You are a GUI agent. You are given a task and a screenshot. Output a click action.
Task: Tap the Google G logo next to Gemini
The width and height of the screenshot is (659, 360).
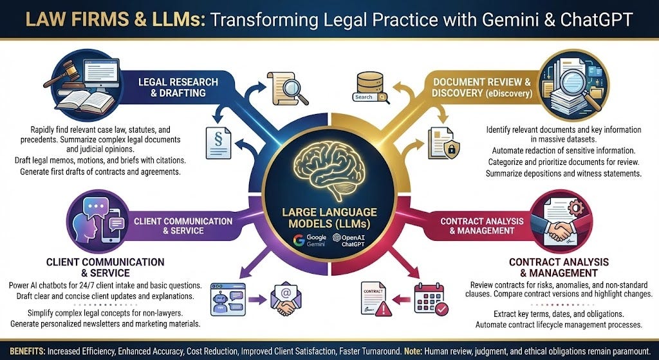tap(299, 241)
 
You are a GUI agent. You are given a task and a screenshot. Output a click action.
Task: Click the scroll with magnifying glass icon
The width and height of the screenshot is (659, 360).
tap(287, 88)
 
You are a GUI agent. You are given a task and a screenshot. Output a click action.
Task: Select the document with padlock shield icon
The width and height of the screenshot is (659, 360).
tap(443, 143)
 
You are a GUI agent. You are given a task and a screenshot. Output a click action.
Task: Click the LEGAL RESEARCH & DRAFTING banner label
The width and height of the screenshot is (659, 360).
tap(178, 87)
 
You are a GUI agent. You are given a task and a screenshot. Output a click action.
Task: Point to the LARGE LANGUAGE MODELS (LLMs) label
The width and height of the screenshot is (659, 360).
tap(329, 217)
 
